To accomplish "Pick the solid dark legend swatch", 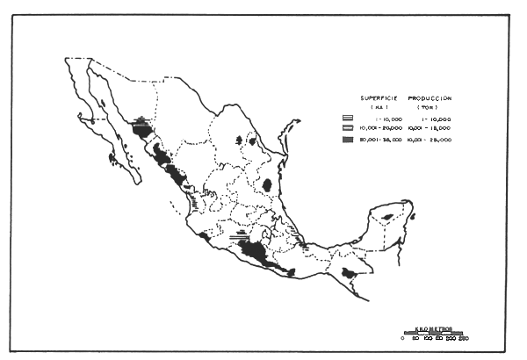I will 349,139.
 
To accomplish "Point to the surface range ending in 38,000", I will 380,139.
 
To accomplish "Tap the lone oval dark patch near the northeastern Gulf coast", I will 267,185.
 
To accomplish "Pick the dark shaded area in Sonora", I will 141,129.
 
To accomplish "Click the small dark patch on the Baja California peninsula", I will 112,155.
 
